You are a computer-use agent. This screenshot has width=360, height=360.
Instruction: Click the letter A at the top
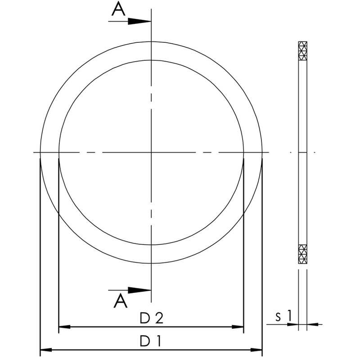[x=119, y=10]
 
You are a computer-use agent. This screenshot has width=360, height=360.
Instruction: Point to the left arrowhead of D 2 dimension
[x=65, y=327]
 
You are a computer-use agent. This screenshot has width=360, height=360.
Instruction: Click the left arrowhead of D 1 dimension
[x=46, y=349]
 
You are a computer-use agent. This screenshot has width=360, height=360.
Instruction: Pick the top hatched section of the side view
[x=303, y=52]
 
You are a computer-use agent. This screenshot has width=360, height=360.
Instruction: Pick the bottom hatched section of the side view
[x=303, y=254]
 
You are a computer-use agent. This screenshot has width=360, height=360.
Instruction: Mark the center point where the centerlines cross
[x=151, y=153]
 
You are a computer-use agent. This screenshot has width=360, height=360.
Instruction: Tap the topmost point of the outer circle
[x=151, y=42]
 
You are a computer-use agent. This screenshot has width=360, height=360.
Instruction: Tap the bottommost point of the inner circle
[x=151, y=245]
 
